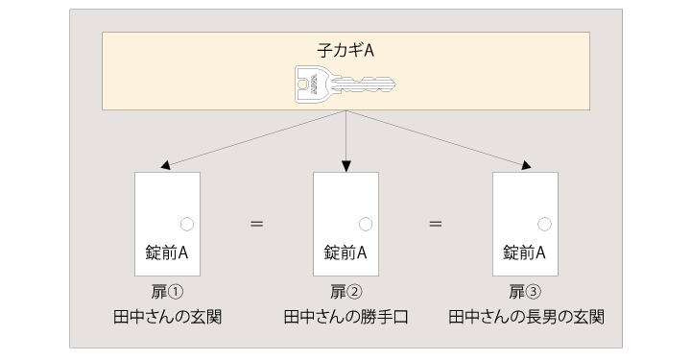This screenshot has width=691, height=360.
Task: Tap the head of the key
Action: pyautogui.click(x=314, y=84)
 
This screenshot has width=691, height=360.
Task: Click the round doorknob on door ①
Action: pyautogui.click(x=187, y=224)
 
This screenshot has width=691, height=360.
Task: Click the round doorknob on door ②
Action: pyautogui.click(x=366, y=224)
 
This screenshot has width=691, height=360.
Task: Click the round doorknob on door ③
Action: pyautogui.click(x=544, y=224)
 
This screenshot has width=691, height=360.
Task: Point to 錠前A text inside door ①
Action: pyautogui.click(x=167, y=252)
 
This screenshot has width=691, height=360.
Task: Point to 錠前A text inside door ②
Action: pyautogui.click(x=345, y=252)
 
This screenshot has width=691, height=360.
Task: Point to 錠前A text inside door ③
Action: pyautogui.click(x=524, y=252)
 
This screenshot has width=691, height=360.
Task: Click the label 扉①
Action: pyautogui.click(x=167, y=293)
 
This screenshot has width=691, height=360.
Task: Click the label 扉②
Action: pyautogui.click(x=345, y=293)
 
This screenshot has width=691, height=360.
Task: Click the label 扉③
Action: pyautogui.click(x=524, y=293)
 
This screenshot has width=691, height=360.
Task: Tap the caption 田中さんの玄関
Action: pyautogui.click(x=167, y=316)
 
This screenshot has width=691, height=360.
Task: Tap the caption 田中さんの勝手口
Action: pyautogui.click(x=345, y=316)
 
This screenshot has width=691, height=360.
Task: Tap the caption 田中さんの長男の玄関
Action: pyautogui.click(x=525, y=316)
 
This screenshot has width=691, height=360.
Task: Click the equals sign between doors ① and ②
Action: pyautogui.click(x=256, y=224)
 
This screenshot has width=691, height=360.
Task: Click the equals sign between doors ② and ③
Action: pyautogui.click(x=436, y=224)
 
